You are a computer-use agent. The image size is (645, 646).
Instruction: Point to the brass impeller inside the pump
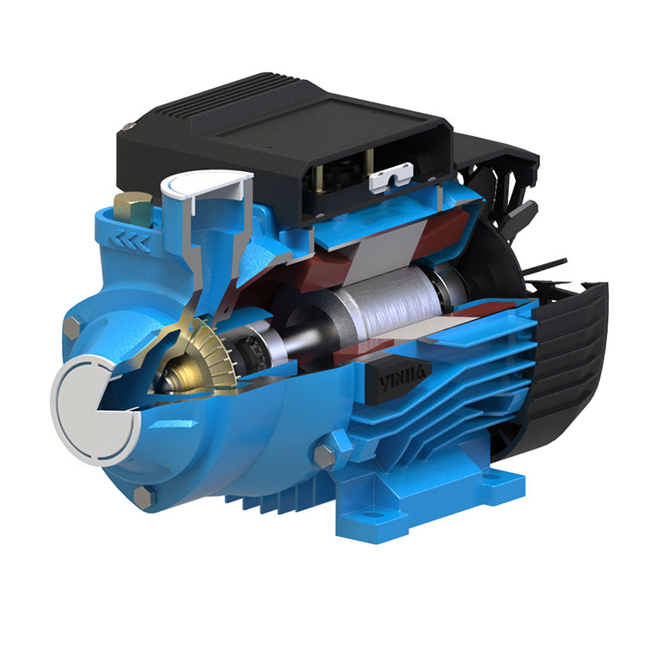[x=206, y=353]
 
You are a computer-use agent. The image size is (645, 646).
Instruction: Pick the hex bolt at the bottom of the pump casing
[x=144, y=495]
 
